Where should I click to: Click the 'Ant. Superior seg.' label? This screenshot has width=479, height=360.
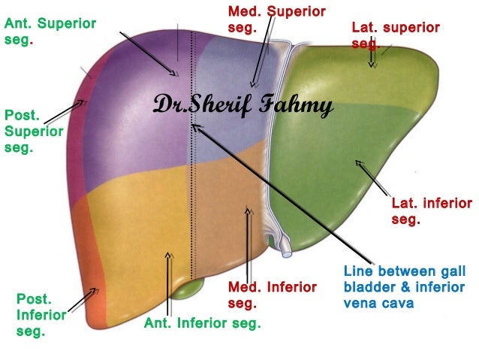50,31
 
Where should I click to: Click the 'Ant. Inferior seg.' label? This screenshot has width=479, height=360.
202,324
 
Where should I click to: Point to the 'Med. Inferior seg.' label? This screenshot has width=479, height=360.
272,295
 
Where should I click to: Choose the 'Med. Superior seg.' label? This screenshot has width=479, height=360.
276,19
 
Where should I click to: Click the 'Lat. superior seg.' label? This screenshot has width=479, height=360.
395,35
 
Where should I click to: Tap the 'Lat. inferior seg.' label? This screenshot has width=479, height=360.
432,211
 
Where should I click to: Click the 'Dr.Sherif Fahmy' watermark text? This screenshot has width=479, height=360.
243,105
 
